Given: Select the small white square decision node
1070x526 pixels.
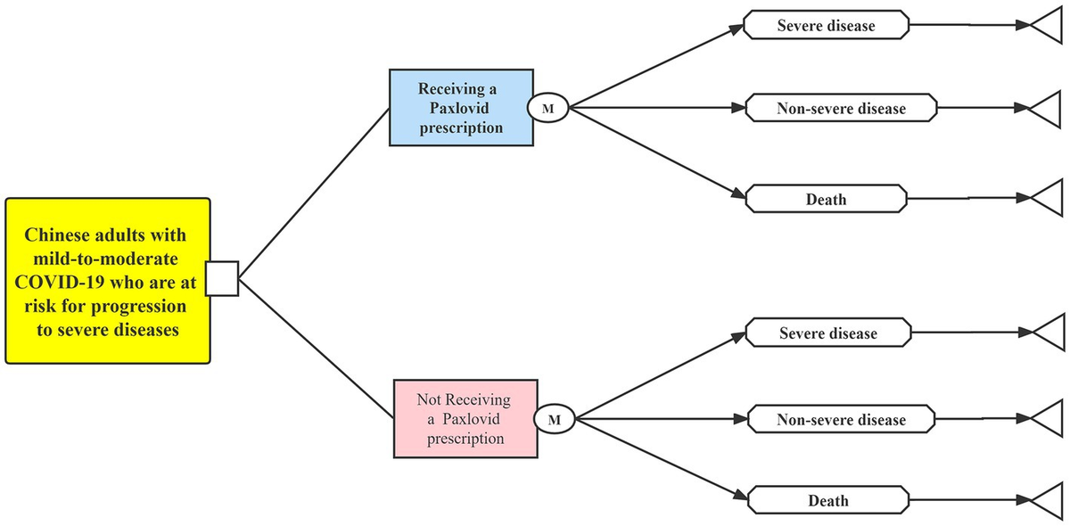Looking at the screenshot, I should (222, 279).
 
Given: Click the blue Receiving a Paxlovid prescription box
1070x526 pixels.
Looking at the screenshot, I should (460, 108).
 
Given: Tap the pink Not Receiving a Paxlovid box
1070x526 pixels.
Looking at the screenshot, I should (465, 417).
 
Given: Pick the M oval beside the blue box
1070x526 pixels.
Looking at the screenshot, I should (548, 109).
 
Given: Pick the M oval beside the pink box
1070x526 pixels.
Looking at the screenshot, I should (554, 418).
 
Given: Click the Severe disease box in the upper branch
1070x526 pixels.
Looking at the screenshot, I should (826, 26).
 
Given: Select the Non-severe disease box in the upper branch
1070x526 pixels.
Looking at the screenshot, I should (841, 109).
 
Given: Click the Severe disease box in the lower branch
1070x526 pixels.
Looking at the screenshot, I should (827, 333).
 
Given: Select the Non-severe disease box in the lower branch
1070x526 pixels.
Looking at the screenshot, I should (841, 419).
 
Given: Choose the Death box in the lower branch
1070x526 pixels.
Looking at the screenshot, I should (827, 500).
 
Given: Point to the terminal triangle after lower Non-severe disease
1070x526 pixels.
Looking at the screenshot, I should (1049, 418).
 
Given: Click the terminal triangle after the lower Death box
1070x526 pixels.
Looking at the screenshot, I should (1049, 500).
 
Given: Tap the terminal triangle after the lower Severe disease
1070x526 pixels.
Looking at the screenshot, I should (1049, 333).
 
